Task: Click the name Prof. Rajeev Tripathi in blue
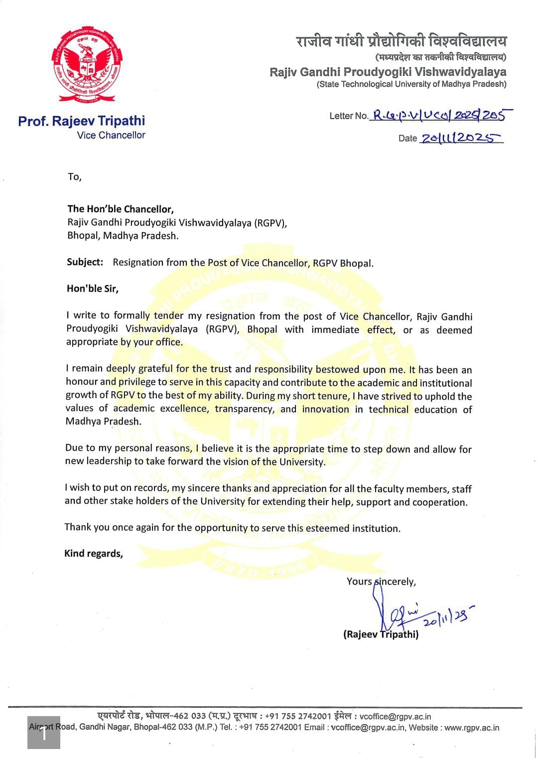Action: tap(82, 121)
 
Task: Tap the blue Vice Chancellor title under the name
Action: tap(111, 135)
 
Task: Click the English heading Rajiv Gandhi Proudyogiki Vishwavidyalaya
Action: tap(388, 72)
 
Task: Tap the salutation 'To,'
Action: tap(74, 177)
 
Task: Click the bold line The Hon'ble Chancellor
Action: tap(121, 209)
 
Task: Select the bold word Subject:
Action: tap(85, 262)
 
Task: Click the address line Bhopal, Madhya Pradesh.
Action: tap(123, 236)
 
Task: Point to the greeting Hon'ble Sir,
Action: tap(93, 289)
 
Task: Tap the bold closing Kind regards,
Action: tap(94, 554)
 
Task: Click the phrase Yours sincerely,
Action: tap(381, 582)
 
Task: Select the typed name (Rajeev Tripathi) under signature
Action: tap(381, 634)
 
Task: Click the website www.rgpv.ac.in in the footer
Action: tap(471, 728)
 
